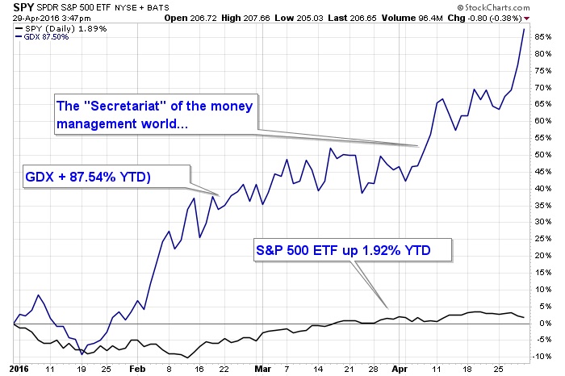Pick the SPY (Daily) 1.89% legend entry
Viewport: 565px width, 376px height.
click(x=49, y=28)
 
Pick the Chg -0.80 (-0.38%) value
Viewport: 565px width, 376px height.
click(x=509, y=17)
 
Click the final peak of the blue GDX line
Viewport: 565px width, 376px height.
click(x=525, y=30)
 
